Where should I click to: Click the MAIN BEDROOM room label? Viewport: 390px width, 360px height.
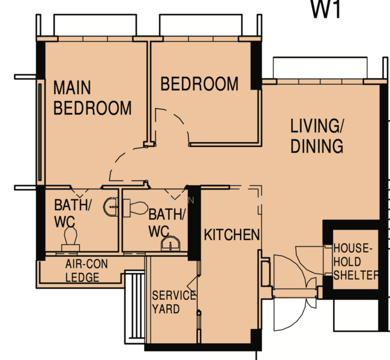coord(92,98)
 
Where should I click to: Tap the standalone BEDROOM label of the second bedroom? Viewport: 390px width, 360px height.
coord(199,84)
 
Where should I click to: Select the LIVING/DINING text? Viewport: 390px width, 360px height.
coord(317,136)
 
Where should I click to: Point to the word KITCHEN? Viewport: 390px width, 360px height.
coord(232,235)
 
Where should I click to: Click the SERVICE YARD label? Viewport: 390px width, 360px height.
coord(173,302)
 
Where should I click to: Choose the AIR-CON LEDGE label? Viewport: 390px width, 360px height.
coord(86,271)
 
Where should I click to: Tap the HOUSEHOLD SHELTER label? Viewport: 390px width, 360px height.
coord(356,262)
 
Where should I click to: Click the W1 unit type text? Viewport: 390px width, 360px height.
coord(326,10)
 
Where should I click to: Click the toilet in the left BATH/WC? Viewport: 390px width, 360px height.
coord(71,239)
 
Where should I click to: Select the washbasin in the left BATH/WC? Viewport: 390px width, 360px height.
coord(110,207)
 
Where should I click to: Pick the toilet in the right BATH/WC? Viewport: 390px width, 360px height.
coord(136,208)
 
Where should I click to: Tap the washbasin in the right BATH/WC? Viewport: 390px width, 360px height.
coord(170,244)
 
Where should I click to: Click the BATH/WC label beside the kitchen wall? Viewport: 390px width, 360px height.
coord(167,223)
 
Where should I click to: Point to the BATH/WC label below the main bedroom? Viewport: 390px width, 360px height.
coord(73,213)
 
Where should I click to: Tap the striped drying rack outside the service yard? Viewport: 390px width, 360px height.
coord(134,307)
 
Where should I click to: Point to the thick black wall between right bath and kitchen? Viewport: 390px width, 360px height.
coord(194,223)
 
